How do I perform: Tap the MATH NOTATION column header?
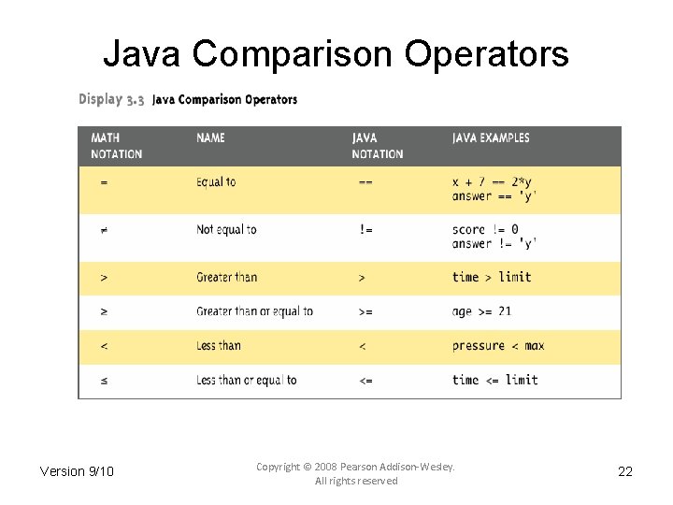pyautogui.click(x=116, y=146)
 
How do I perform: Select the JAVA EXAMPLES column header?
pyautogui.click(x=491, y=137)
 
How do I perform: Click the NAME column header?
pyautogui.click(x=210, y=137)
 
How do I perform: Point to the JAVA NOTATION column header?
pyautogui.click(x=378, y=146)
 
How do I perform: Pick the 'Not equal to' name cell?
pyautogui.click(x=226, y=229)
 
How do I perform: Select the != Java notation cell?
pyautogui.click(x=365, y=230)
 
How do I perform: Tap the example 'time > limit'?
pyautogui.click(x=492, y=277)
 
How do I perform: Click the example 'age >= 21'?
pyautogui.click(x=481, y=311)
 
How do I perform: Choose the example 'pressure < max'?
pyautogui.click(x=498, y=346)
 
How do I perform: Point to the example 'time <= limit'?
pyautogui.click(x=495, y=380)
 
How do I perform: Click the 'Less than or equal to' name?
pyautogui.click(x=246, y=380)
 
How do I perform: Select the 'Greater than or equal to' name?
pyautogui.click(x=254, y=311)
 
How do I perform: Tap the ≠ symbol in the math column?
pyautogui.click(x=104, y=230)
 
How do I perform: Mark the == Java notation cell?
pyautogui.click(x=365, y=182)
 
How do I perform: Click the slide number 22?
pyautogui.click(x=625, y=471)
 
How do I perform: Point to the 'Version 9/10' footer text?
pyautogui.click(x=77, y=471)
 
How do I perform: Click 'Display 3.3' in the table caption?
pyautogui.click(x=111, y=99)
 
